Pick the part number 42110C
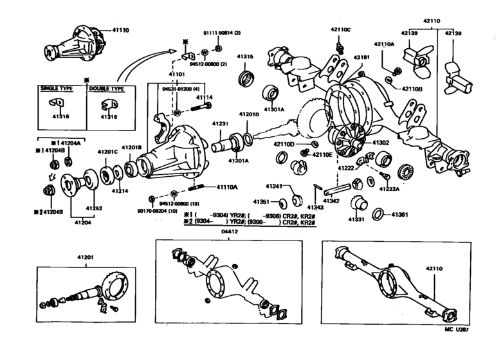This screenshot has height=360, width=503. [x=341, y=29]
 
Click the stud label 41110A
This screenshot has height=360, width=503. [x=226, y=186]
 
